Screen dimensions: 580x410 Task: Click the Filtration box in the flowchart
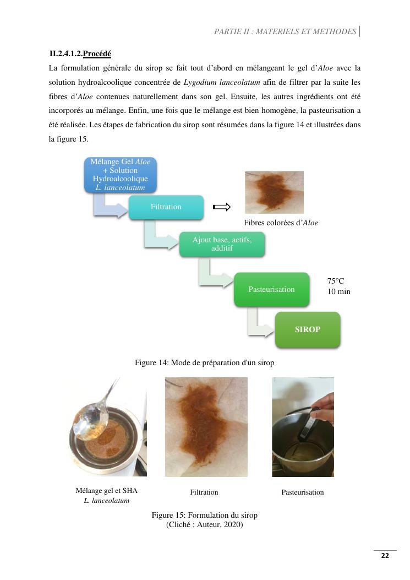(x=166, y=207)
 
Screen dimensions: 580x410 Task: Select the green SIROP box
(x=308, y=329)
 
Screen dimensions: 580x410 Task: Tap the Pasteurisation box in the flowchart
(x=271, y=289)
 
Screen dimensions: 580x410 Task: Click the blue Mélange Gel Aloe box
(x=120, y=175)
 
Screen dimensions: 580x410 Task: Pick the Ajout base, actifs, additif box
(x=222, y=243)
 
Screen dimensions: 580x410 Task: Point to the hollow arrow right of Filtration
(x=221, y=207)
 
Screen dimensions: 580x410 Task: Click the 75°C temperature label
(x=335, y=281)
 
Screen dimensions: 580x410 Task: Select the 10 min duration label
(x=338, y=291)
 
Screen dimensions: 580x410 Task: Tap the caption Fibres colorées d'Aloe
(x=281, y=223)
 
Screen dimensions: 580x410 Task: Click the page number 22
(x=385, y=556)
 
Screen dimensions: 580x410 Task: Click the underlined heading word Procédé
(x=97, y=54)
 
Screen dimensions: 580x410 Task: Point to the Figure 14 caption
(x=204, y=362)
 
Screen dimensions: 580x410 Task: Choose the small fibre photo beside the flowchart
(x=274, y=192)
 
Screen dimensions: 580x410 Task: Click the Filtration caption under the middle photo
(x=204, y=492)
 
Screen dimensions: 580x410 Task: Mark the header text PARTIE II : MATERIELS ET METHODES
(x=285, y=31)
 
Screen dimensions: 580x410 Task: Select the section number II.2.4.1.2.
(x=65, y=54)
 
